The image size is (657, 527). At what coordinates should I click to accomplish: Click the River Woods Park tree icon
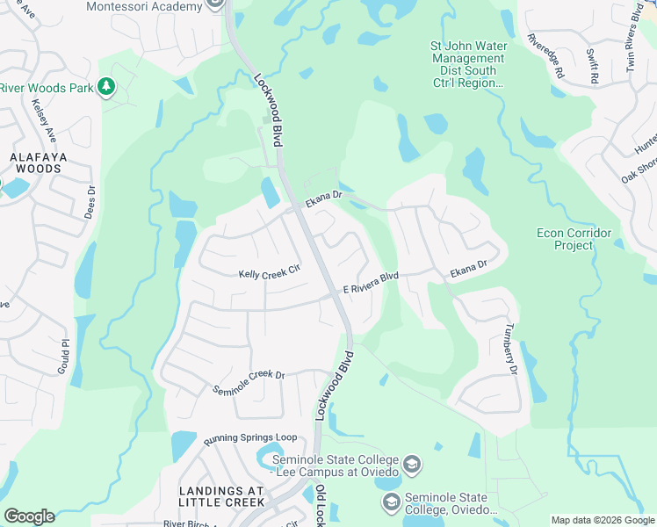coord(105,86)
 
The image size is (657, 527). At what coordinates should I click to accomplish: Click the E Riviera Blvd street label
coord(371,282)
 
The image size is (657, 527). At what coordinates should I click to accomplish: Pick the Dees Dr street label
coord(90,201)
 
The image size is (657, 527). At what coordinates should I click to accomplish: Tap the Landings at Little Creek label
coord(221,496)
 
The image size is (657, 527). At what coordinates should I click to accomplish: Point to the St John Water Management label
coord(466,64)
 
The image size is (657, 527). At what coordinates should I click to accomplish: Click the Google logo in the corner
coord(29,516)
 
